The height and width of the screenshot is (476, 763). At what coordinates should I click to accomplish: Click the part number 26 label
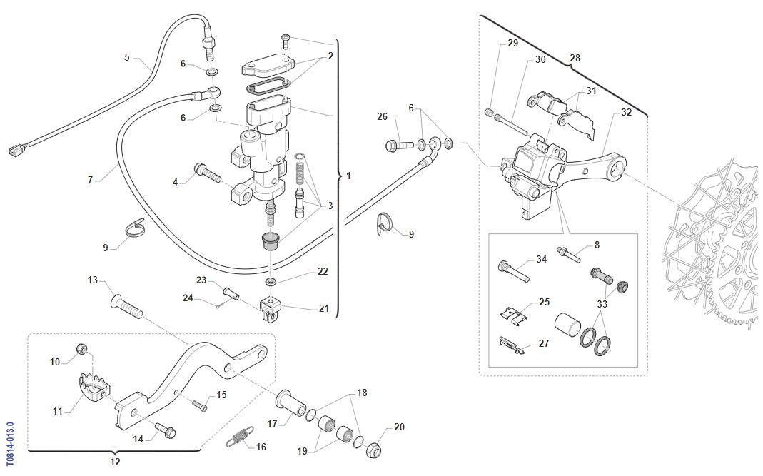pyautogui.click(x=383, y=117)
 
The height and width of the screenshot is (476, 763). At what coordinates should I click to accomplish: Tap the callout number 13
pyautogui.click(x=92, y=280)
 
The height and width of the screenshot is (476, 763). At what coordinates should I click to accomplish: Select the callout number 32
pyautogui.click(x=626, y=112)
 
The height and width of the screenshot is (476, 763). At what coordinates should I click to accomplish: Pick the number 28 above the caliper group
pyautogui.click(x=575, y=57)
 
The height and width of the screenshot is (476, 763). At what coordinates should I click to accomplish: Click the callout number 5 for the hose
pyautogui.click(x=127, y=57)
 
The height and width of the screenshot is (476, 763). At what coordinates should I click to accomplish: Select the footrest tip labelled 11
pyautogui.click(x=92, y=386)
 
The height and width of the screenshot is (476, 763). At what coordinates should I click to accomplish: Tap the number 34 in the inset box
pyautogui.click(x=542, y=259)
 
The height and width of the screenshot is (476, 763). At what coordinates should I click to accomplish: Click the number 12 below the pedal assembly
pyautogui.click(x=115, y=462)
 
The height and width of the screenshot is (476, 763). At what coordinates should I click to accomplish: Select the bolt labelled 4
pyautogui.click(x=208, y=173)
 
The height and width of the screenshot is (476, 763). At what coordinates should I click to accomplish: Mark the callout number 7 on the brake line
pyautogui.click(x=91, y=181)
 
